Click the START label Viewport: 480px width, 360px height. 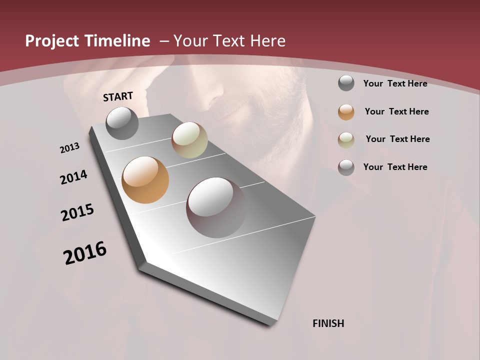118,96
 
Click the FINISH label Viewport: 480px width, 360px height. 328,323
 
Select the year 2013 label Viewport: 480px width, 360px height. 70,148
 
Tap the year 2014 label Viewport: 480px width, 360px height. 73,177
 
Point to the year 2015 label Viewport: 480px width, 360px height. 77,212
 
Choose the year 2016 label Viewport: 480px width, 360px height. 85,253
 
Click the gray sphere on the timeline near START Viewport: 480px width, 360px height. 122,123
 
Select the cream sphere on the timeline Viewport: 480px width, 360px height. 189,140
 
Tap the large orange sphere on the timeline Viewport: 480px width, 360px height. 145,180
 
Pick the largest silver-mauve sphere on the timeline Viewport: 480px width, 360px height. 216,207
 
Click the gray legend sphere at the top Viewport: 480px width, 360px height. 346,83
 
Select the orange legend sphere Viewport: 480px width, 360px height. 346,112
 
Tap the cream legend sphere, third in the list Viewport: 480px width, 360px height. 346,139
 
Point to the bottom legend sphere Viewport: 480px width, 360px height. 346,167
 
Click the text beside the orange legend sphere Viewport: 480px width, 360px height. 396,111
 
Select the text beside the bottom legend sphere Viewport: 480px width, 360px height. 395,167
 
